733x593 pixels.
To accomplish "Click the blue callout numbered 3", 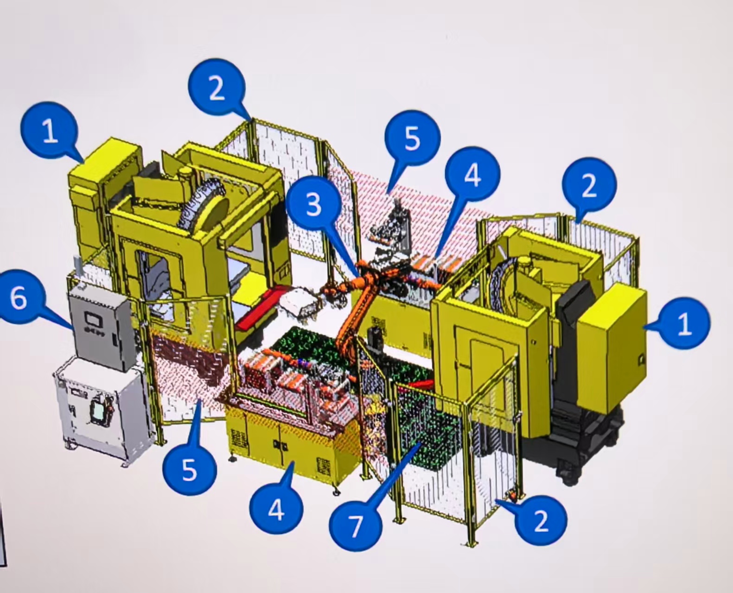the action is [313, 204].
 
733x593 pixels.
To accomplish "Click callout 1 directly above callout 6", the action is [49, 131].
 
